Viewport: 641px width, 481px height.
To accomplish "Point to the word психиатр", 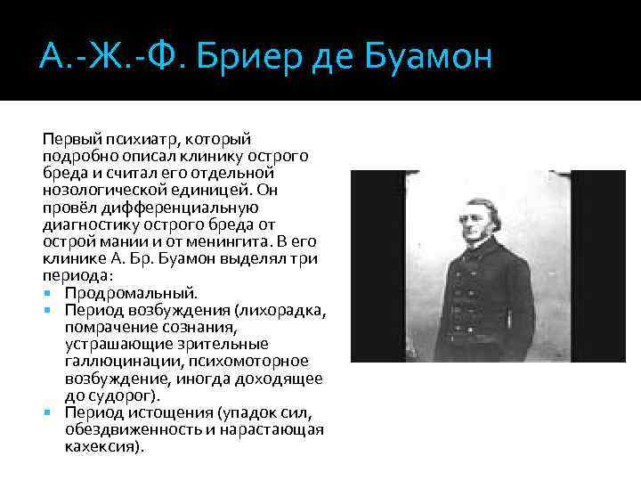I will [140, 138].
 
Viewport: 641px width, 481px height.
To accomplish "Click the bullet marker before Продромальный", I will [46, 292].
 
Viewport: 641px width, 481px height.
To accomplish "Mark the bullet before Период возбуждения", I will [46, 309].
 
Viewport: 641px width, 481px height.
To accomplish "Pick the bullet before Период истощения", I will [46, 412].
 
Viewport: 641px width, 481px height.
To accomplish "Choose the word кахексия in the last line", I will [101, 446].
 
